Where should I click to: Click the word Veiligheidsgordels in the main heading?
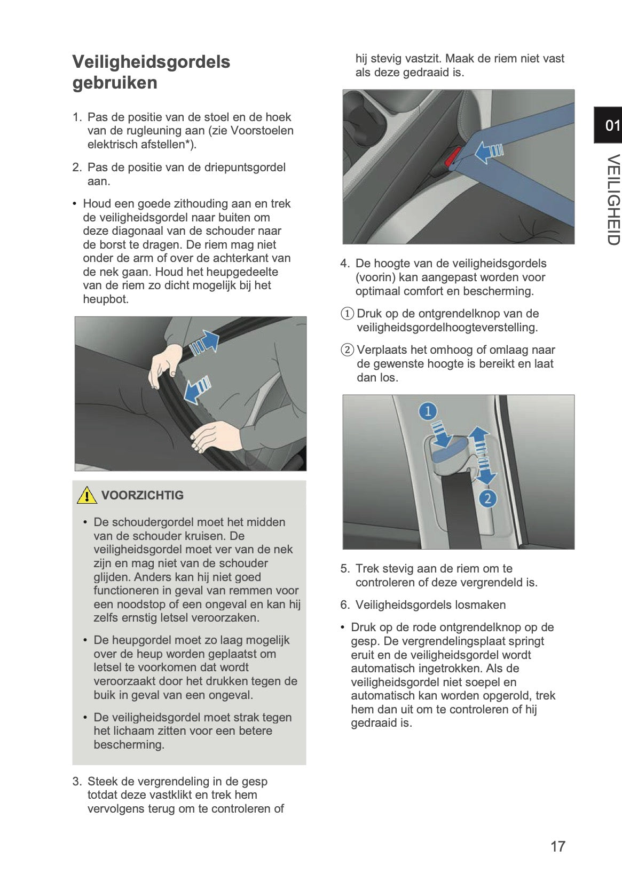point(151,62)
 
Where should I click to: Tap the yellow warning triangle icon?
point(86,496)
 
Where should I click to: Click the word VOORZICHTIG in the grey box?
point(142,495)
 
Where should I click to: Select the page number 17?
point(557,846)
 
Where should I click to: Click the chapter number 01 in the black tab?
point(612,126)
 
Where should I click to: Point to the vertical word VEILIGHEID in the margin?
point(613,200)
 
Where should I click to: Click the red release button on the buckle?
point(453,155)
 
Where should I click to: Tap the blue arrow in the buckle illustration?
point(488,152)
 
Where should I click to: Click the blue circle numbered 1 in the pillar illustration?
point(428,411)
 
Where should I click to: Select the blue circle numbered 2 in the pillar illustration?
point(487,499)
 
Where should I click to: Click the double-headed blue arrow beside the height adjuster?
point(482,455)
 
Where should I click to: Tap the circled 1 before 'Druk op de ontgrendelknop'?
point(348,314)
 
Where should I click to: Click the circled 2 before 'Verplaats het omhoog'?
point(348,350)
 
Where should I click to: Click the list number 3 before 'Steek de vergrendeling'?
point(77,782)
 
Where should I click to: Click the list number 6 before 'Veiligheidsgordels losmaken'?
point(345,605)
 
